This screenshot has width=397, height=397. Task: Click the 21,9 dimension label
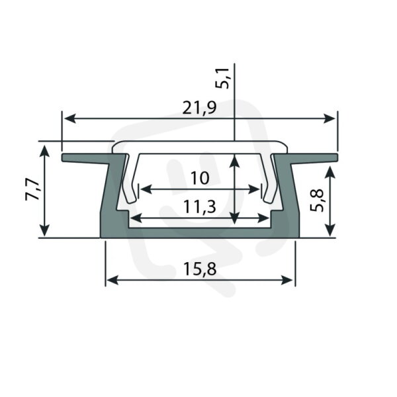[x=200, y=108]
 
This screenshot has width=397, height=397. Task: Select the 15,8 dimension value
[x=200, y=269]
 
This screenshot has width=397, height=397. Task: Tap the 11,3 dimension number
[x=200, y=206]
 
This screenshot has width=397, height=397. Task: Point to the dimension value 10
[x=200, y=178]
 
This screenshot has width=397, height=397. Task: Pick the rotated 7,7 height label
[x=32, y=189]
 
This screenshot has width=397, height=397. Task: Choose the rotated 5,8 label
[x=317, y=200]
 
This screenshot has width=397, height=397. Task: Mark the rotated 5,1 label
[x=222, y=78]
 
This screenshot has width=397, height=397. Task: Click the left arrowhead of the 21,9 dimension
[x=70, y=118]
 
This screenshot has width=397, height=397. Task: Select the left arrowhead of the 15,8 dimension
[x=112, y=280]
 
